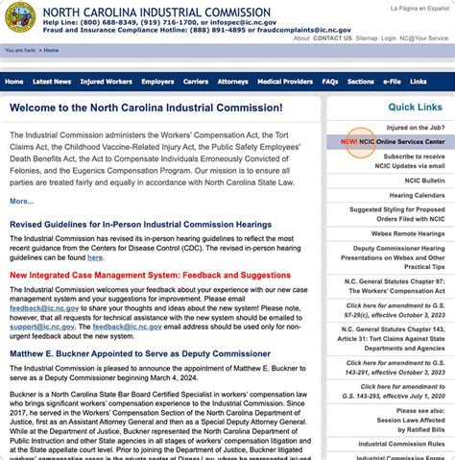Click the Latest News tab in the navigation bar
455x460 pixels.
tap(52, 82)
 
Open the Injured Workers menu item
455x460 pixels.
tap(106, 82)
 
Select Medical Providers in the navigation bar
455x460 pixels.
tap(284, 82)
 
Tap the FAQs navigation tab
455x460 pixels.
tap(329, 82)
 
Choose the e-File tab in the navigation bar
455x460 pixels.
tap(392, 82)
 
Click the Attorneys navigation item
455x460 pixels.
tap(232, 82)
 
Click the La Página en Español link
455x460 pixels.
tap(419, 8)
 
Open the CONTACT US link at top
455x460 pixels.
tap(332, 37)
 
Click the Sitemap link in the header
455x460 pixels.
tap(366, 37)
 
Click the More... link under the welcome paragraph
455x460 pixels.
tap(22, 201)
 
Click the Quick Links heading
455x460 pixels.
tap(415, 107)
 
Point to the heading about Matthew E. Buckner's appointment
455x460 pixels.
tap(129, 353)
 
